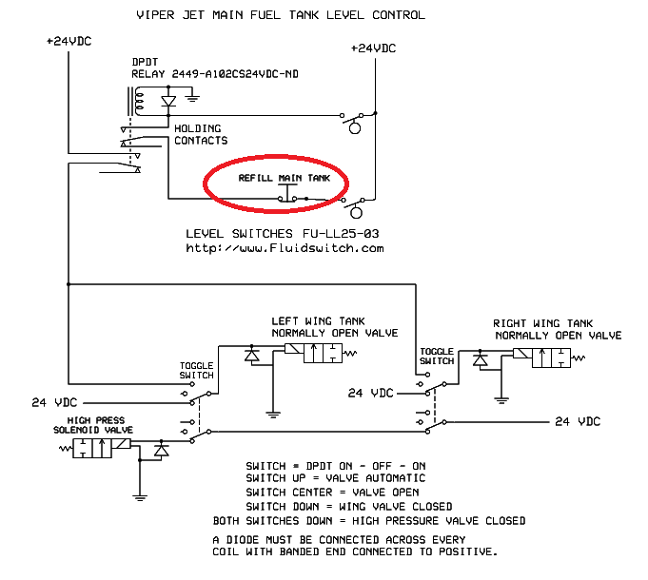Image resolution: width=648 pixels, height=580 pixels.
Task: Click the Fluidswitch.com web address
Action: (285, 248)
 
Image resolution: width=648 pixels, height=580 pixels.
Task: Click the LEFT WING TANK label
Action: (318, 321)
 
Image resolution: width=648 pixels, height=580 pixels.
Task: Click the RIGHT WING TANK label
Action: (542, 323)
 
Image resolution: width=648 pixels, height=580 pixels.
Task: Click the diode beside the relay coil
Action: (168, 100)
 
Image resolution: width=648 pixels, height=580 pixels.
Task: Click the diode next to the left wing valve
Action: (252, 354)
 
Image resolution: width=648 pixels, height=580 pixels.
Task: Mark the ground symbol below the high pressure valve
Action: (139, 496)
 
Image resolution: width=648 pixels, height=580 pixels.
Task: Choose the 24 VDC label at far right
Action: (578, 421)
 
